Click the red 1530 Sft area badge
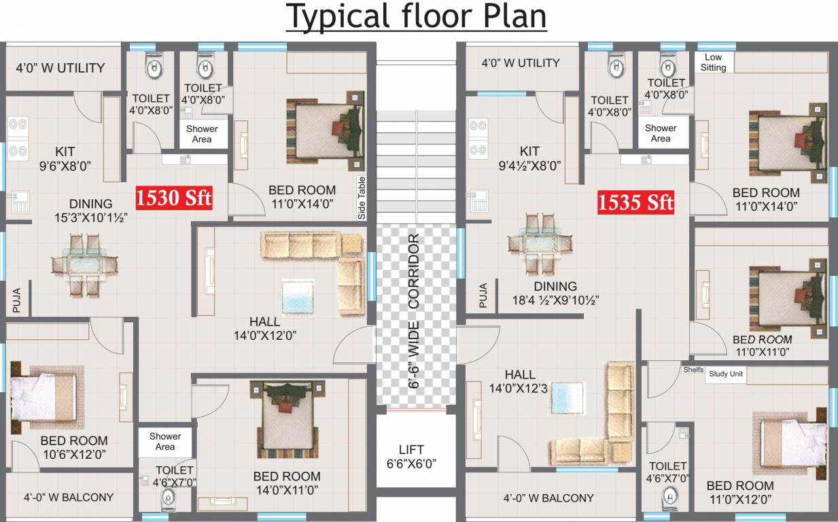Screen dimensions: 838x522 174,198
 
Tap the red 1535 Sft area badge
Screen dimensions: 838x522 635,203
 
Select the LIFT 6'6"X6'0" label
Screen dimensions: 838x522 411,457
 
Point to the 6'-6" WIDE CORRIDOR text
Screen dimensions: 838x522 413,311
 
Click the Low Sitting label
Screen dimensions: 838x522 714,63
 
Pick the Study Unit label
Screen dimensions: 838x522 726,374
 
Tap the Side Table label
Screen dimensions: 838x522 362,198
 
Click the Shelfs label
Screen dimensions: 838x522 693,370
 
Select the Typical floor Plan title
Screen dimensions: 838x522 417,16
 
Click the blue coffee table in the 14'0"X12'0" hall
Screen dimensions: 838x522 298,296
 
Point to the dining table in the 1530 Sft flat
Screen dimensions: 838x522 84,265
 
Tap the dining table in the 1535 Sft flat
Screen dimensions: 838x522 540,243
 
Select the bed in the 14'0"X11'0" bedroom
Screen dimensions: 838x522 287,419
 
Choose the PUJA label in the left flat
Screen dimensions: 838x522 16,300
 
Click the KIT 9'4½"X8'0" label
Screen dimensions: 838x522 529,158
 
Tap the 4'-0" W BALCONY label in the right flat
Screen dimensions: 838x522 548,498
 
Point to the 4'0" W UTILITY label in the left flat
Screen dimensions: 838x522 60,68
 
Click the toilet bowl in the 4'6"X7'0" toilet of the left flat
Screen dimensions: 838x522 168,499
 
